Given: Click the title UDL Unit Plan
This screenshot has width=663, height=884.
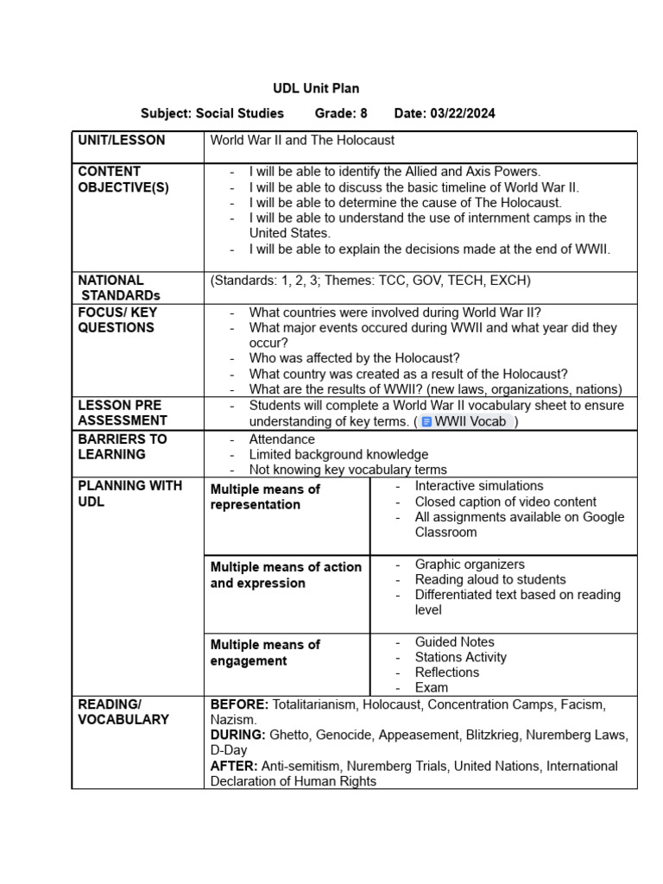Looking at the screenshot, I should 316,88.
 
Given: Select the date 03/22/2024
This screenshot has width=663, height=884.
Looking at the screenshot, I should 464,113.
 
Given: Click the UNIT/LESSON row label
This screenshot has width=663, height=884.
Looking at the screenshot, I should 122,140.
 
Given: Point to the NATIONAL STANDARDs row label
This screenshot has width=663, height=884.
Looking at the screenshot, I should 112,287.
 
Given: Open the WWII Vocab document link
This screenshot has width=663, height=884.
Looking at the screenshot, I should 470,422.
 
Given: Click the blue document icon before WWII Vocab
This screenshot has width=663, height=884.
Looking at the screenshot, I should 426,422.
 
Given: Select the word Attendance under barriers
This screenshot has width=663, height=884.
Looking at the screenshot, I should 281,439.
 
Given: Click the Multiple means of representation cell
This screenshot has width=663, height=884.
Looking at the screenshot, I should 265,496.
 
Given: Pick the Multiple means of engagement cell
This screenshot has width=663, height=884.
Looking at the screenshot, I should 265,653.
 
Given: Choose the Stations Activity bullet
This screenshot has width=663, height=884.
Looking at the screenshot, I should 461,657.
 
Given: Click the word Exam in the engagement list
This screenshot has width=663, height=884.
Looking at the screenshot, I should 432,687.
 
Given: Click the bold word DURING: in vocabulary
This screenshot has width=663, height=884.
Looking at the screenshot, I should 238,735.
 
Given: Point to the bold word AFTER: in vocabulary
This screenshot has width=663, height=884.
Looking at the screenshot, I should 233,766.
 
